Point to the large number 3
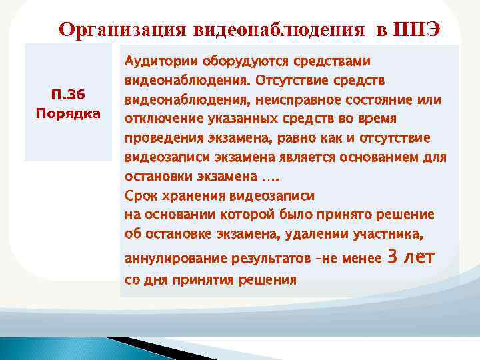click(393, 256)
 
